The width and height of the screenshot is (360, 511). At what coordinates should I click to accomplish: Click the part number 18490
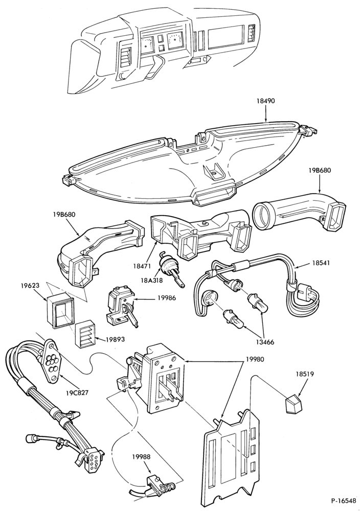click(x=266, y=101)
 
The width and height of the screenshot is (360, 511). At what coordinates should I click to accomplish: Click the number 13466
click(x=265, y=342)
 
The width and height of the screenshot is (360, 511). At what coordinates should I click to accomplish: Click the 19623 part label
click(x=31, y=286)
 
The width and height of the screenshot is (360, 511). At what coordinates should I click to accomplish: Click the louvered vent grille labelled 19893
click(x=85, y=335)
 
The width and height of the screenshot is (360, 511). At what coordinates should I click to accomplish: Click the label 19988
click(x=141, y=457)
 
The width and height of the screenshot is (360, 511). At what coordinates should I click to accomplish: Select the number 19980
click(x=254, y=359)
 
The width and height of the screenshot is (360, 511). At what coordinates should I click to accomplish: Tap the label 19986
click(x=166, y=297)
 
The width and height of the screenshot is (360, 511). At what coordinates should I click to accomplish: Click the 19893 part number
click(x=116, y=339)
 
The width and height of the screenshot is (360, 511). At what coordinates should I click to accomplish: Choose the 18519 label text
click(x=305, y=374)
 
